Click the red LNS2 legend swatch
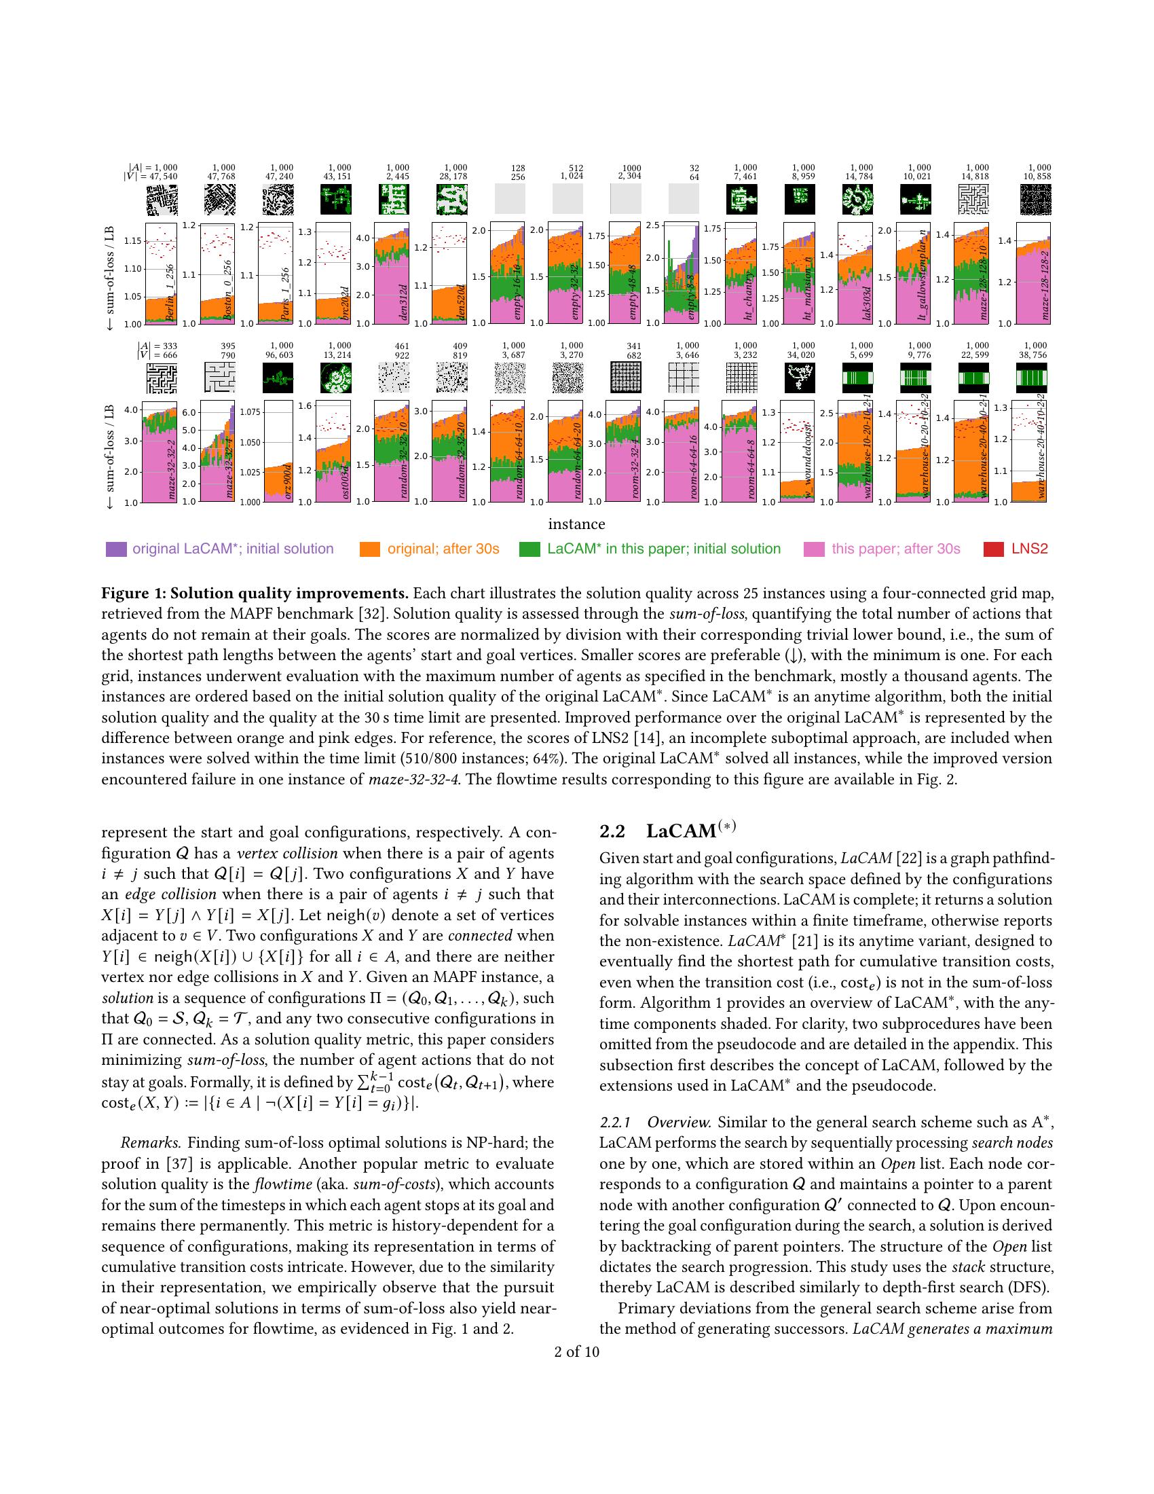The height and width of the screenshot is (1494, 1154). [x=993, y=549]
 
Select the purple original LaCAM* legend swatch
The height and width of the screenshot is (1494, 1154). [x=116, y=549]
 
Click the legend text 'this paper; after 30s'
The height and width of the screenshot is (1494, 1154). [x=895, y=549]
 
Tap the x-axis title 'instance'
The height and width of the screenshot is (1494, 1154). [x=576, y=524]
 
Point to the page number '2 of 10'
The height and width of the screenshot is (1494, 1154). [x=576, y=1351]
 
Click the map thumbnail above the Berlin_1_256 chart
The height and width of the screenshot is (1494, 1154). [x=162, y=200]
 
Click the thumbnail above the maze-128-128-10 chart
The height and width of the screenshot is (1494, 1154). [x=973, y=200]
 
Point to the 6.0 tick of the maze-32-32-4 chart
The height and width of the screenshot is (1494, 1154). [x=189, y=412]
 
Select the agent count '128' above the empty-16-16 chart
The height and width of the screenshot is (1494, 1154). [x=517, y=168]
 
